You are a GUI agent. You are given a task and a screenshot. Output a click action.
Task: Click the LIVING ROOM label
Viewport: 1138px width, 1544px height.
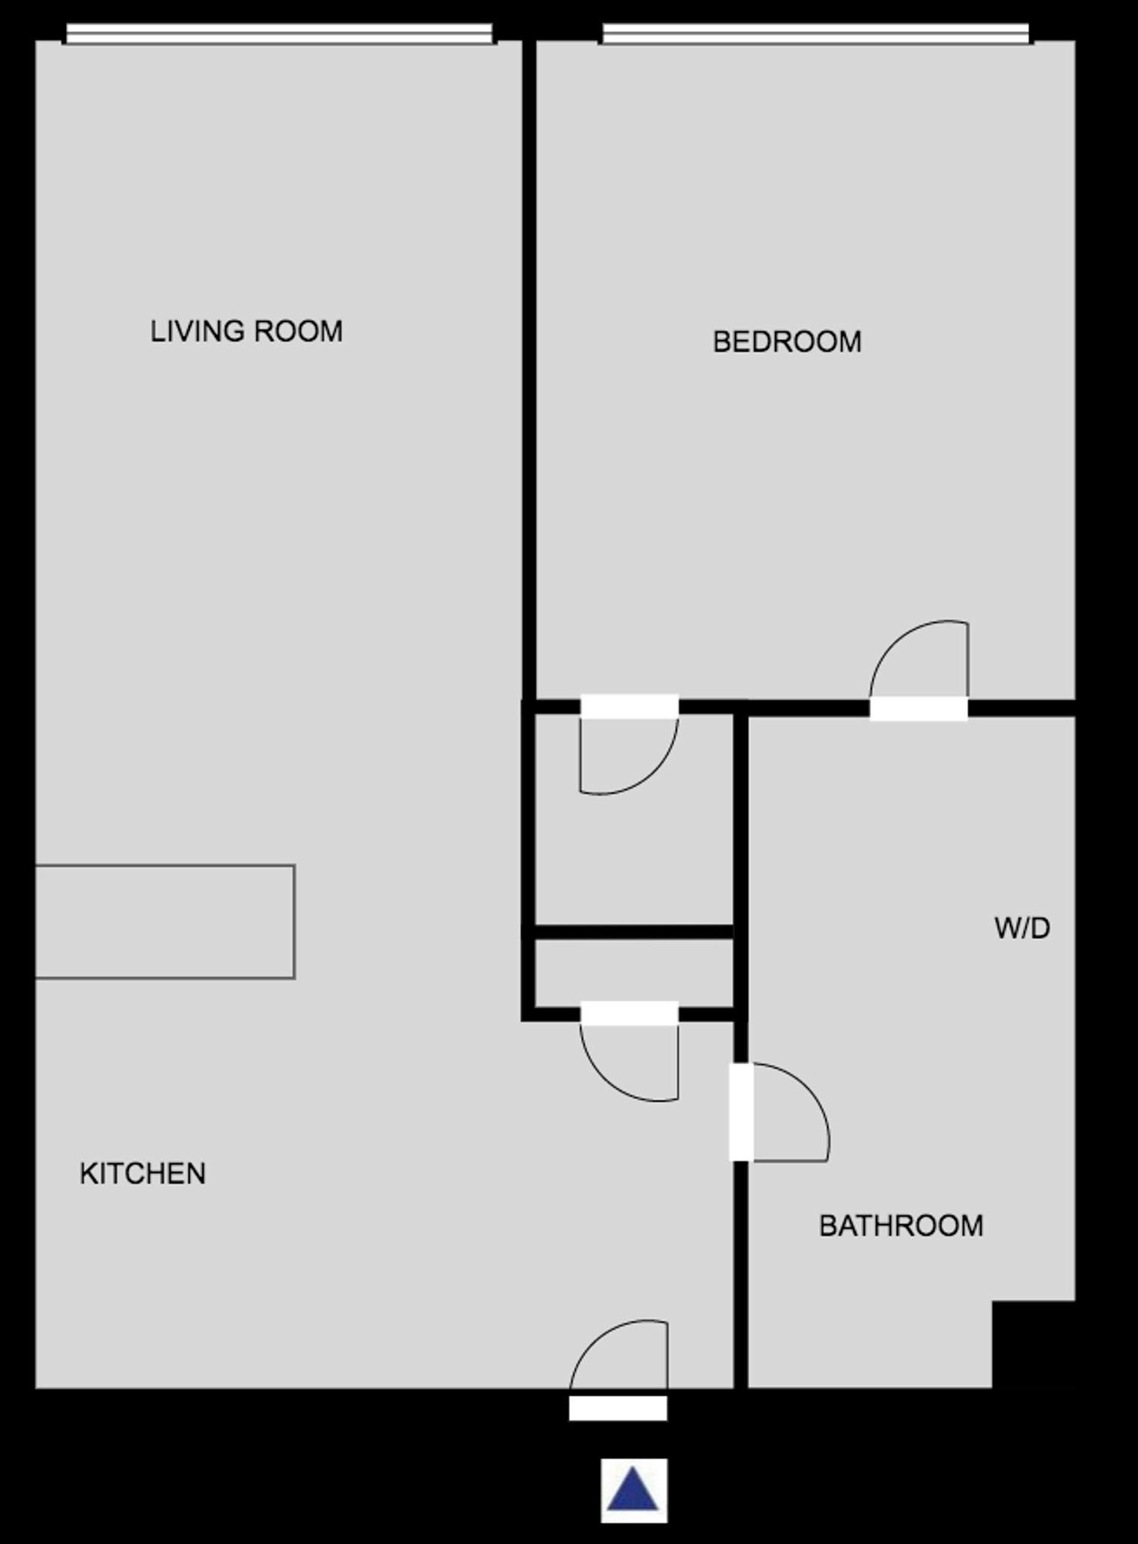(246, 331)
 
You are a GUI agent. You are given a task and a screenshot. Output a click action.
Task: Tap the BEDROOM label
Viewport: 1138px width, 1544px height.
(787, 342)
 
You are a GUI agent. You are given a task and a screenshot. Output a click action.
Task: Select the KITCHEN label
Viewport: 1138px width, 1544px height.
(142, 1173)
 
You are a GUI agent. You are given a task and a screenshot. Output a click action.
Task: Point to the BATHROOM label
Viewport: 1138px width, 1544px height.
(901, 1226)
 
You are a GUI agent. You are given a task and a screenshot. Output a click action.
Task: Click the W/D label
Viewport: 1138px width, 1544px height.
(1022, 928)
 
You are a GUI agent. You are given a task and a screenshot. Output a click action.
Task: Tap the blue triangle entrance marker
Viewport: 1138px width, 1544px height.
(633, 1489)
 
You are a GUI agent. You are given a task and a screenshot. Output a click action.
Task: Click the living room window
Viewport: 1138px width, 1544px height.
(279, 34)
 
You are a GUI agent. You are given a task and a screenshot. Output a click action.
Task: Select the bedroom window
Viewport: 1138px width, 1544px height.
(815, 34)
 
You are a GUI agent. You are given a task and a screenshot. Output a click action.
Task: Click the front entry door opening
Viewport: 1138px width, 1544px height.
(618, 1408)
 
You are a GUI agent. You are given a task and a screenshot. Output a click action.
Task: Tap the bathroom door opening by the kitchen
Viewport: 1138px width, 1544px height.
(741, 1112)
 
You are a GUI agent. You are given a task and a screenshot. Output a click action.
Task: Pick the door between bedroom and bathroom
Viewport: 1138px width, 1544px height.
(919, 708)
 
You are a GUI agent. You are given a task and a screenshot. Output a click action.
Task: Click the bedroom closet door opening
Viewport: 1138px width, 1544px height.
(629, 707)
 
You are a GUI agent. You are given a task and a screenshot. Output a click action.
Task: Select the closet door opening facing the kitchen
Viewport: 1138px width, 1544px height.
(629, 1013)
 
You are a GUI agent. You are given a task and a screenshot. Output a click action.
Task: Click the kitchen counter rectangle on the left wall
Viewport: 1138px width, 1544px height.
(165, 922)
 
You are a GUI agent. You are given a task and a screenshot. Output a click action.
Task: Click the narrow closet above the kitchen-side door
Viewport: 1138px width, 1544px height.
(633, 973)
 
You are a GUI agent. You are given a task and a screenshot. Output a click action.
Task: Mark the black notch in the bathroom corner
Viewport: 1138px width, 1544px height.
(1033, 1344)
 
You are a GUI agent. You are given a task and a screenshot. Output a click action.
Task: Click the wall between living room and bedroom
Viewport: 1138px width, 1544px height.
(529, 367)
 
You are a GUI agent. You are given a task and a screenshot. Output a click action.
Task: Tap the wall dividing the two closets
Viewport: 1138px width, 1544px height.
(633, 932)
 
